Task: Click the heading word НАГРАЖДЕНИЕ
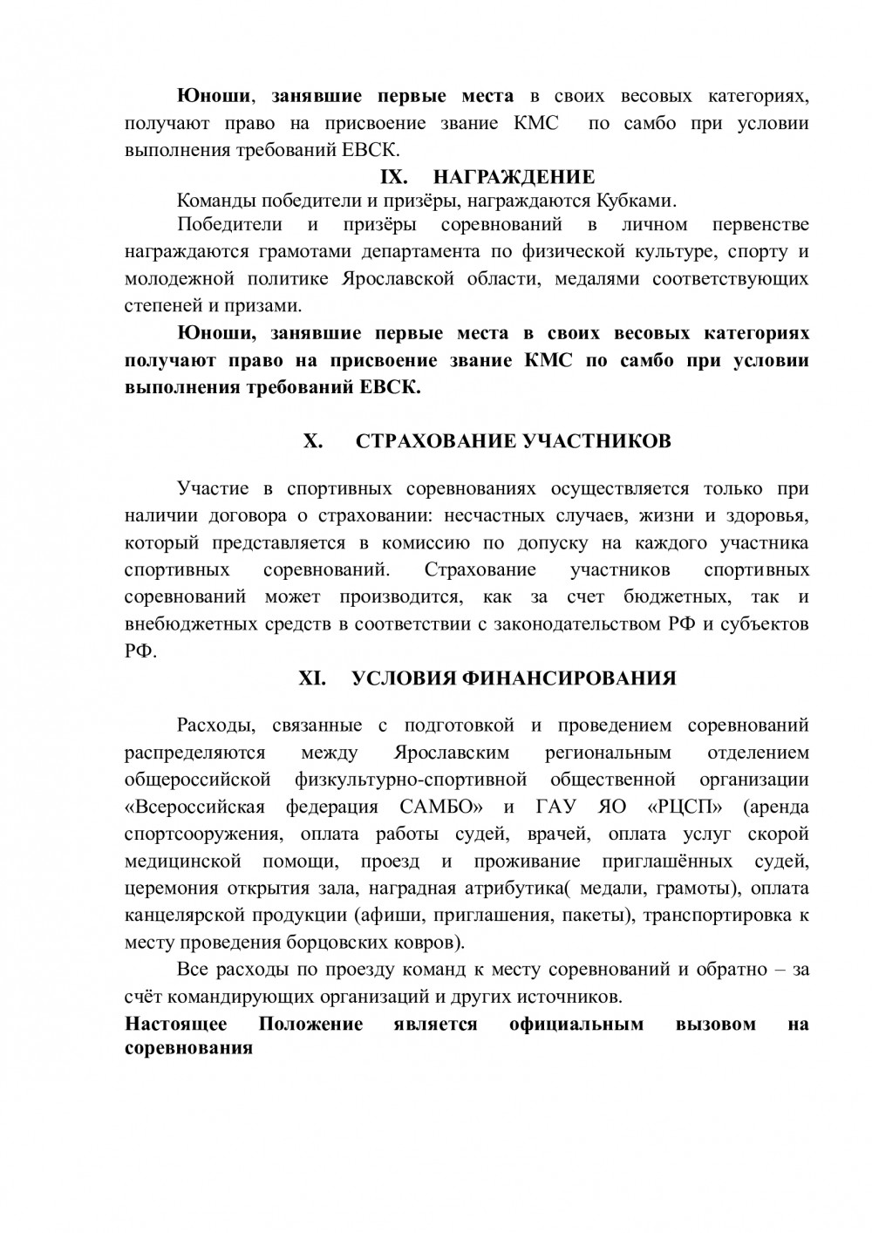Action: tap(514, 177)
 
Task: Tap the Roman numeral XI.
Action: tap(312, 678)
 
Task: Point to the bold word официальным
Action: tap(576, 1024)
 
